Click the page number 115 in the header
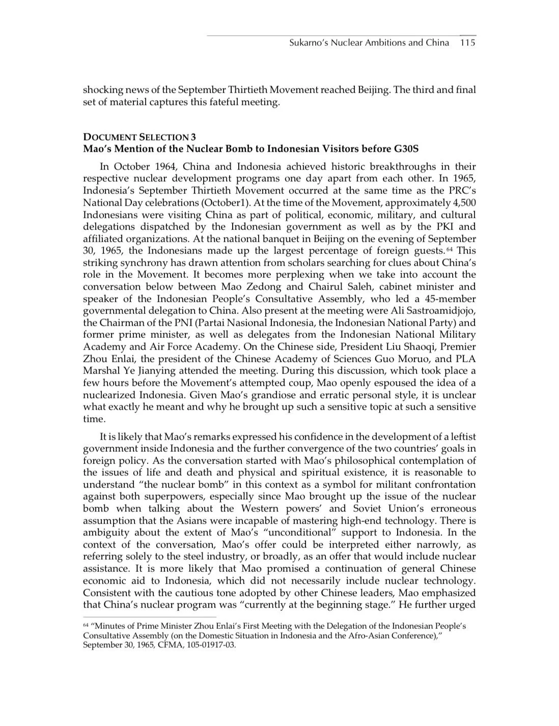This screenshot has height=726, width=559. (x=467, y=43)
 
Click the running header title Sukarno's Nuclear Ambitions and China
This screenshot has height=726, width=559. (x=369, y=43)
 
